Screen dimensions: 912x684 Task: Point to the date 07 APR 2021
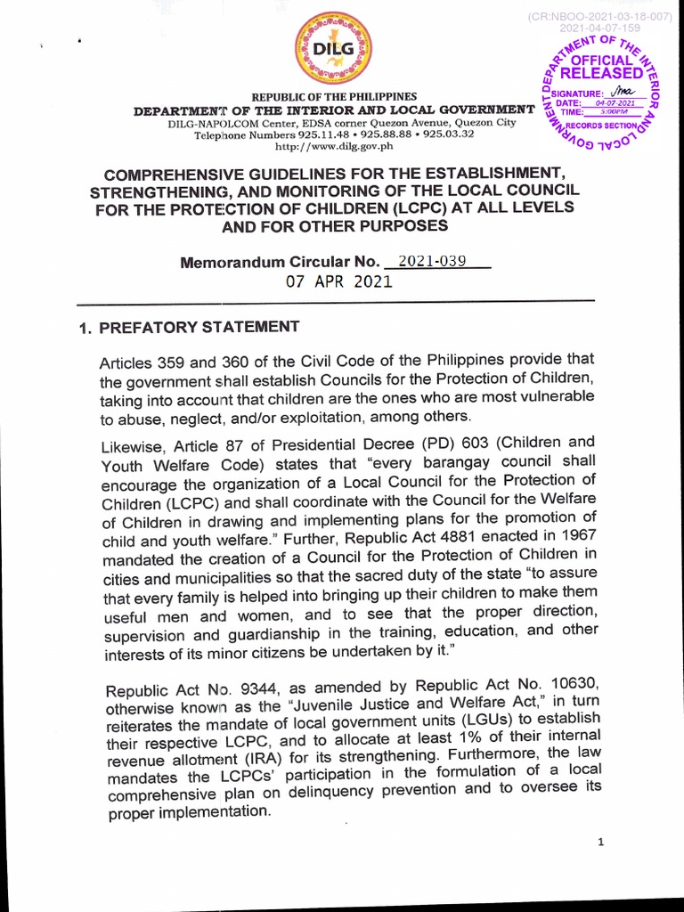pos(338,281)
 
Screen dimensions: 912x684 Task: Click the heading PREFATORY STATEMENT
pos(199,327)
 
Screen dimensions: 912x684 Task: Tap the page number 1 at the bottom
pos(601,843)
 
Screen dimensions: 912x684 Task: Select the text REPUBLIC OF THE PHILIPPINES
pos(334,96)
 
